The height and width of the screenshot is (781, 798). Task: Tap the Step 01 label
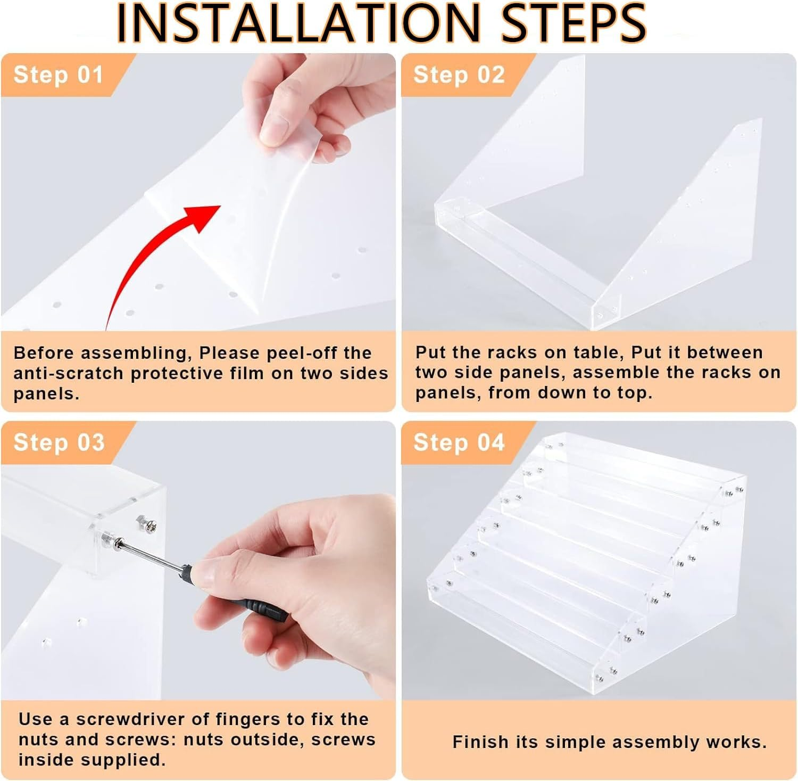pyautogui.click(x=59, y=75)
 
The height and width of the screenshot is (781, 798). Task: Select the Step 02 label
pyautogui.click(x=459, y=75)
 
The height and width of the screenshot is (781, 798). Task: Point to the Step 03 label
pyautogui.click(x=59, y=442)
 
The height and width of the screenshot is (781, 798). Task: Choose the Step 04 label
pyautogui.click(x=459, y=442)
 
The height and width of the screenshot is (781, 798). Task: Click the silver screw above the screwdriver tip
pyautogui.click(x=147, y=523)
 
